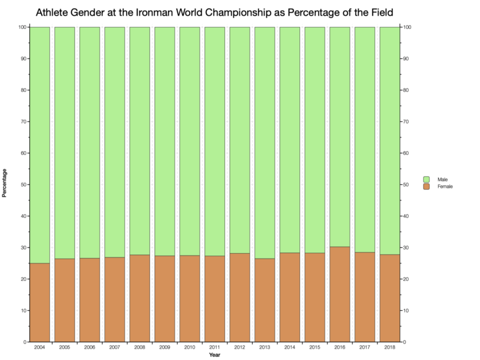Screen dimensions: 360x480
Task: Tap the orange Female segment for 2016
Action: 340,294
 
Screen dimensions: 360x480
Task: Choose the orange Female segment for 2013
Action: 265,300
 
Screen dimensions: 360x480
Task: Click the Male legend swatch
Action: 427,179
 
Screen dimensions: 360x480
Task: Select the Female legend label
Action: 445,187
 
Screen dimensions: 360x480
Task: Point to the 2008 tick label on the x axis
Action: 140,348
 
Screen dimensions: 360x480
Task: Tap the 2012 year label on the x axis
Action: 239,348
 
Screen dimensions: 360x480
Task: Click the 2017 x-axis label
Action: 364,348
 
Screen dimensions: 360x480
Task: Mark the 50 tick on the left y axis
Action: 22,185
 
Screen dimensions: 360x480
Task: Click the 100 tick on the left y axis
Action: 21,27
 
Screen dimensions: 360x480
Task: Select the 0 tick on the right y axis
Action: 404,342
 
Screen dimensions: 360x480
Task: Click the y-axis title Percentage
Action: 5,185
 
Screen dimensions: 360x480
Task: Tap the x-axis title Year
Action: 214,356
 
